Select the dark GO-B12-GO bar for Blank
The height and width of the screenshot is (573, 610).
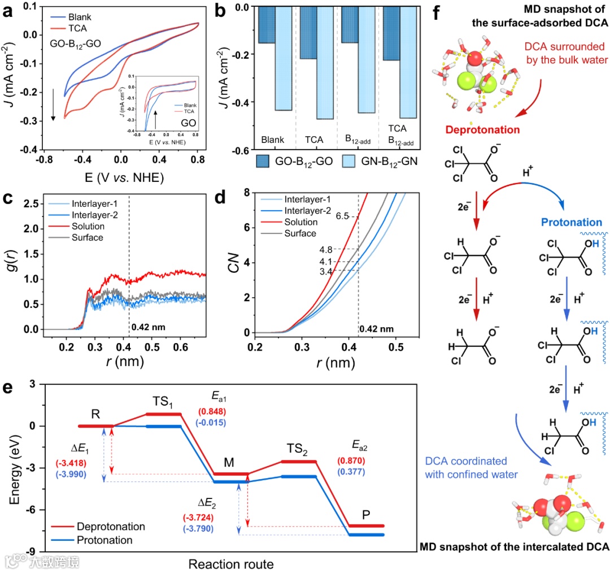(x=267, y=25)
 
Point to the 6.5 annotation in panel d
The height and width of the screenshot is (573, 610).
(x=342, y=216)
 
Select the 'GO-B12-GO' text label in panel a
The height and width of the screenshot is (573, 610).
(x=62, y=47)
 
